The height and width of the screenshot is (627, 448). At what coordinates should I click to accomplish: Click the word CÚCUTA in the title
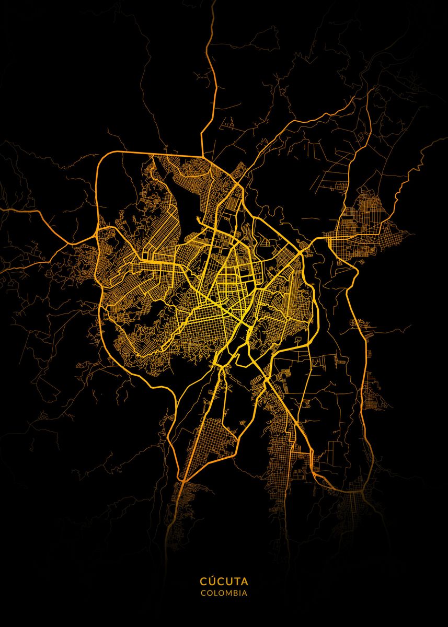click(224, 581)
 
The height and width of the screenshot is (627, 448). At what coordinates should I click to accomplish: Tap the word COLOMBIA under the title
click(224, 593)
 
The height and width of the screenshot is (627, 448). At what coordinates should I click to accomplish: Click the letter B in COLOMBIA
click(233, 593)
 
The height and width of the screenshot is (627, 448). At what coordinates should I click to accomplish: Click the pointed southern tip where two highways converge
click(183, 478)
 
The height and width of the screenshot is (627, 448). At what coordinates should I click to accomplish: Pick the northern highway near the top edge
click(212, 31)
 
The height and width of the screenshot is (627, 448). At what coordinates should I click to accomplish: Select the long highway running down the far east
click(361, 366)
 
